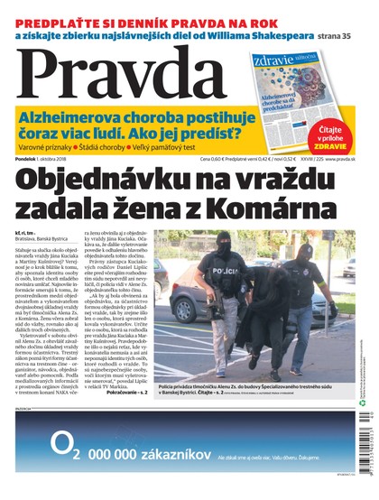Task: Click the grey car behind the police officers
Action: click(x=176, y=298)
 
